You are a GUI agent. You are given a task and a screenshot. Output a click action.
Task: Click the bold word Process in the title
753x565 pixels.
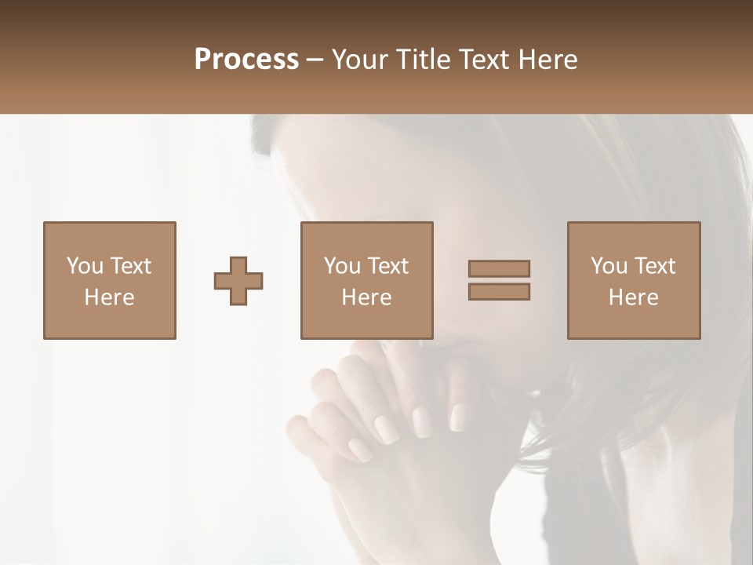click(x=246, y=60)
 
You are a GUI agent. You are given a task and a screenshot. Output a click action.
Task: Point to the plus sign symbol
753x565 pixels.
click(x=238, y=281)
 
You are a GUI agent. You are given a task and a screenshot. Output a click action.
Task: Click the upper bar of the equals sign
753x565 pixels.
click(x=499, y=269)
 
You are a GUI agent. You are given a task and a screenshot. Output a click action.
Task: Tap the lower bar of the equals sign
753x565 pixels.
click(x=499, y=292)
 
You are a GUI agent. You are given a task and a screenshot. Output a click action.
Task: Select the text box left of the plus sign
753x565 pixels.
click(x=109, y=280)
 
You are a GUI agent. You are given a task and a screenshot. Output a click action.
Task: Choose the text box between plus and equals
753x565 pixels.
click(x=366, y=280)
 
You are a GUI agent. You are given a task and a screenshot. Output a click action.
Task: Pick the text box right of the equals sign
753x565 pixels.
click(x=633, y=280)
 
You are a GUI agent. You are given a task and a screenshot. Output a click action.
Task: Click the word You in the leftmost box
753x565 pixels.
click(x=85, y=266)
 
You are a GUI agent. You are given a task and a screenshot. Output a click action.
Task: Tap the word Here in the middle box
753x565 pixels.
click(x=366, y=297)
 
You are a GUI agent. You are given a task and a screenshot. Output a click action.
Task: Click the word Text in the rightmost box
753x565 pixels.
click(x=654, y=266)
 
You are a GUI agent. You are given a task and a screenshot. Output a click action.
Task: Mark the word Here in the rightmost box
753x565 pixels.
click(x=633, y=297)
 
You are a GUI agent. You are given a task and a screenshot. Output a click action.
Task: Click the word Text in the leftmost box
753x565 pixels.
click(x=130, y=266)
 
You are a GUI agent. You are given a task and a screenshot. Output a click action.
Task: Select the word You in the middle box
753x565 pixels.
click(x=342, y=266)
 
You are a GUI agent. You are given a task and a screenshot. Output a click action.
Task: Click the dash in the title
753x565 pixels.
click(x=315, y=60)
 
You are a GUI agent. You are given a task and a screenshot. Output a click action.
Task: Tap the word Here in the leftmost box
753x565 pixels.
click(x=109, y=297)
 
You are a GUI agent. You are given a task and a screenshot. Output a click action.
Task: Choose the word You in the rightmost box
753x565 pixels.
click(x=609, y=266)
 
